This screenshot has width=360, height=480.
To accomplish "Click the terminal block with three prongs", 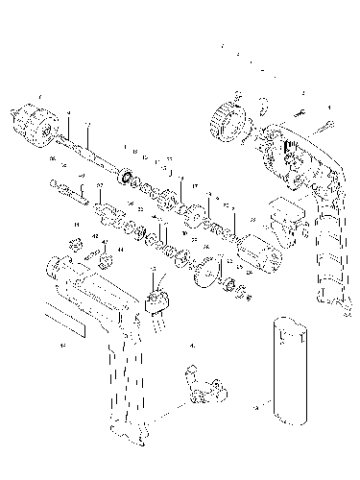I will click(156, 302).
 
